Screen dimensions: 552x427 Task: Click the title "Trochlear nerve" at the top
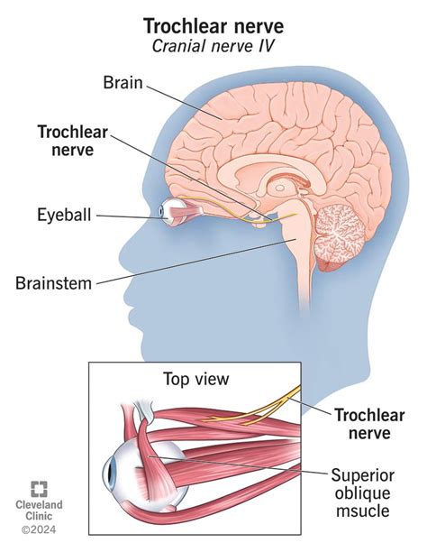pos(213,18)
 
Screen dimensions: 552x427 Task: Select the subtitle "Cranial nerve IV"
pos(213,39)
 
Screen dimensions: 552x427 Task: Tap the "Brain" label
pos(123,83)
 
